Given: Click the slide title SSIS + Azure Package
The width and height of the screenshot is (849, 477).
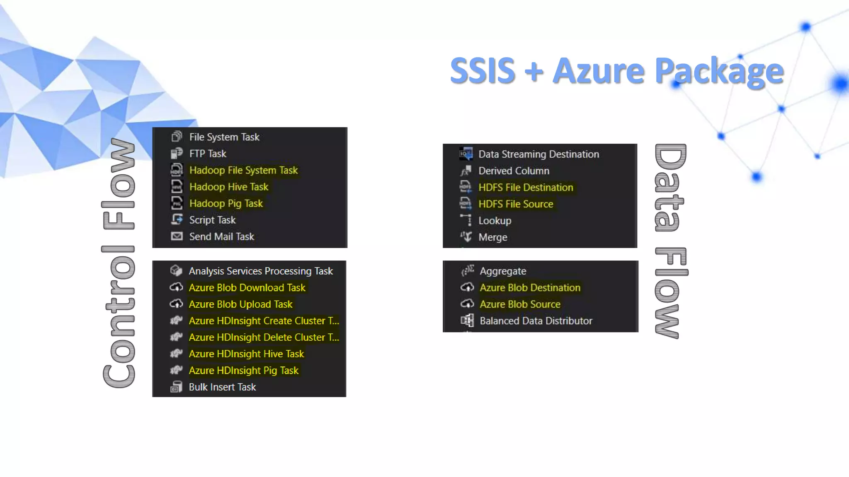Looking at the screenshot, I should (616, 70).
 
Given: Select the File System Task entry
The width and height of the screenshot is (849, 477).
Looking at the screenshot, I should (224, 137).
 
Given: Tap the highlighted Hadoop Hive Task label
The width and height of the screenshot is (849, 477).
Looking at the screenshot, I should (229, 187).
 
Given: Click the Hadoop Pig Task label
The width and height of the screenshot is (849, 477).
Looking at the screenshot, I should (226, 203).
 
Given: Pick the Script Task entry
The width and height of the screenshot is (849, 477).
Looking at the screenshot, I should (212, 220).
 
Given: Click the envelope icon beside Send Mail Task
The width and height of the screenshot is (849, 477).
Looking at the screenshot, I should (177, 236).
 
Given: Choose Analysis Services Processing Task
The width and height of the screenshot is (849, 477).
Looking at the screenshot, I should (260, 271).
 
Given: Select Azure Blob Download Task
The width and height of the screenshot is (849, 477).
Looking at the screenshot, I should (247, 287).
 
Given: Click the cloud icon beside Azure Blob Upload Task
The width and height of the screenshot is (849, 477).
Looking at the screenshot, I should (177, 304).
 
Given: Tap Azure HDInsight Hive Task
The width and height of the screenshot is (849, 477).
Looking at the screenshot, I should (246, 354).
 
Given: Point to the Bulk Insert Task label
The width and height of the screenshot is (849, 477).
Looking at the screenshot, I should (222, 387).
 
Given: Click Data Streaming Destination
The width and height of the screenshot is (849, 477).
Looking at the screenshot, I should (539, 154).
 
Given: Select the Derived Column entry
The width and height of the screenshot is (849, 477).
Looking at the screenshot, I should (514, 171).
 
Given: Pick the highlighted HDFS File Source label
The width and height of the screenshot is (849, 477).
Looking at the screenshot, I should (516, 204).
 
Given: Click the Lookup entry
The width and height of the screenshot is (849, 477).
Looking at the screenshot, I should (495, 221).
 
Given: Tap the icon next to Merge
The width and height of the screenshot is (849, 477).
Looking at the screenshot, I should (466, 237).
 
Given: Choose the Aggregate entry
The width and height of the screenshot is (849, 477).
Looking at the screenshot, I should (503, 271).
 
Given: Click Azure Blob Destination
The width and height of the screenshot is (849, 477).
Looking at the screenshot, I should (530, 287).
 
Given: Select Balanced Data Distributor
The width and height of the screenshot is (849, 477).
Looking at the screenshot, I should (536, 320).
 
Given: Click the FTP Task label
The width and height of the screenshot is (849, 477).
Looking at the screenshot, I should (208, 154).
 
